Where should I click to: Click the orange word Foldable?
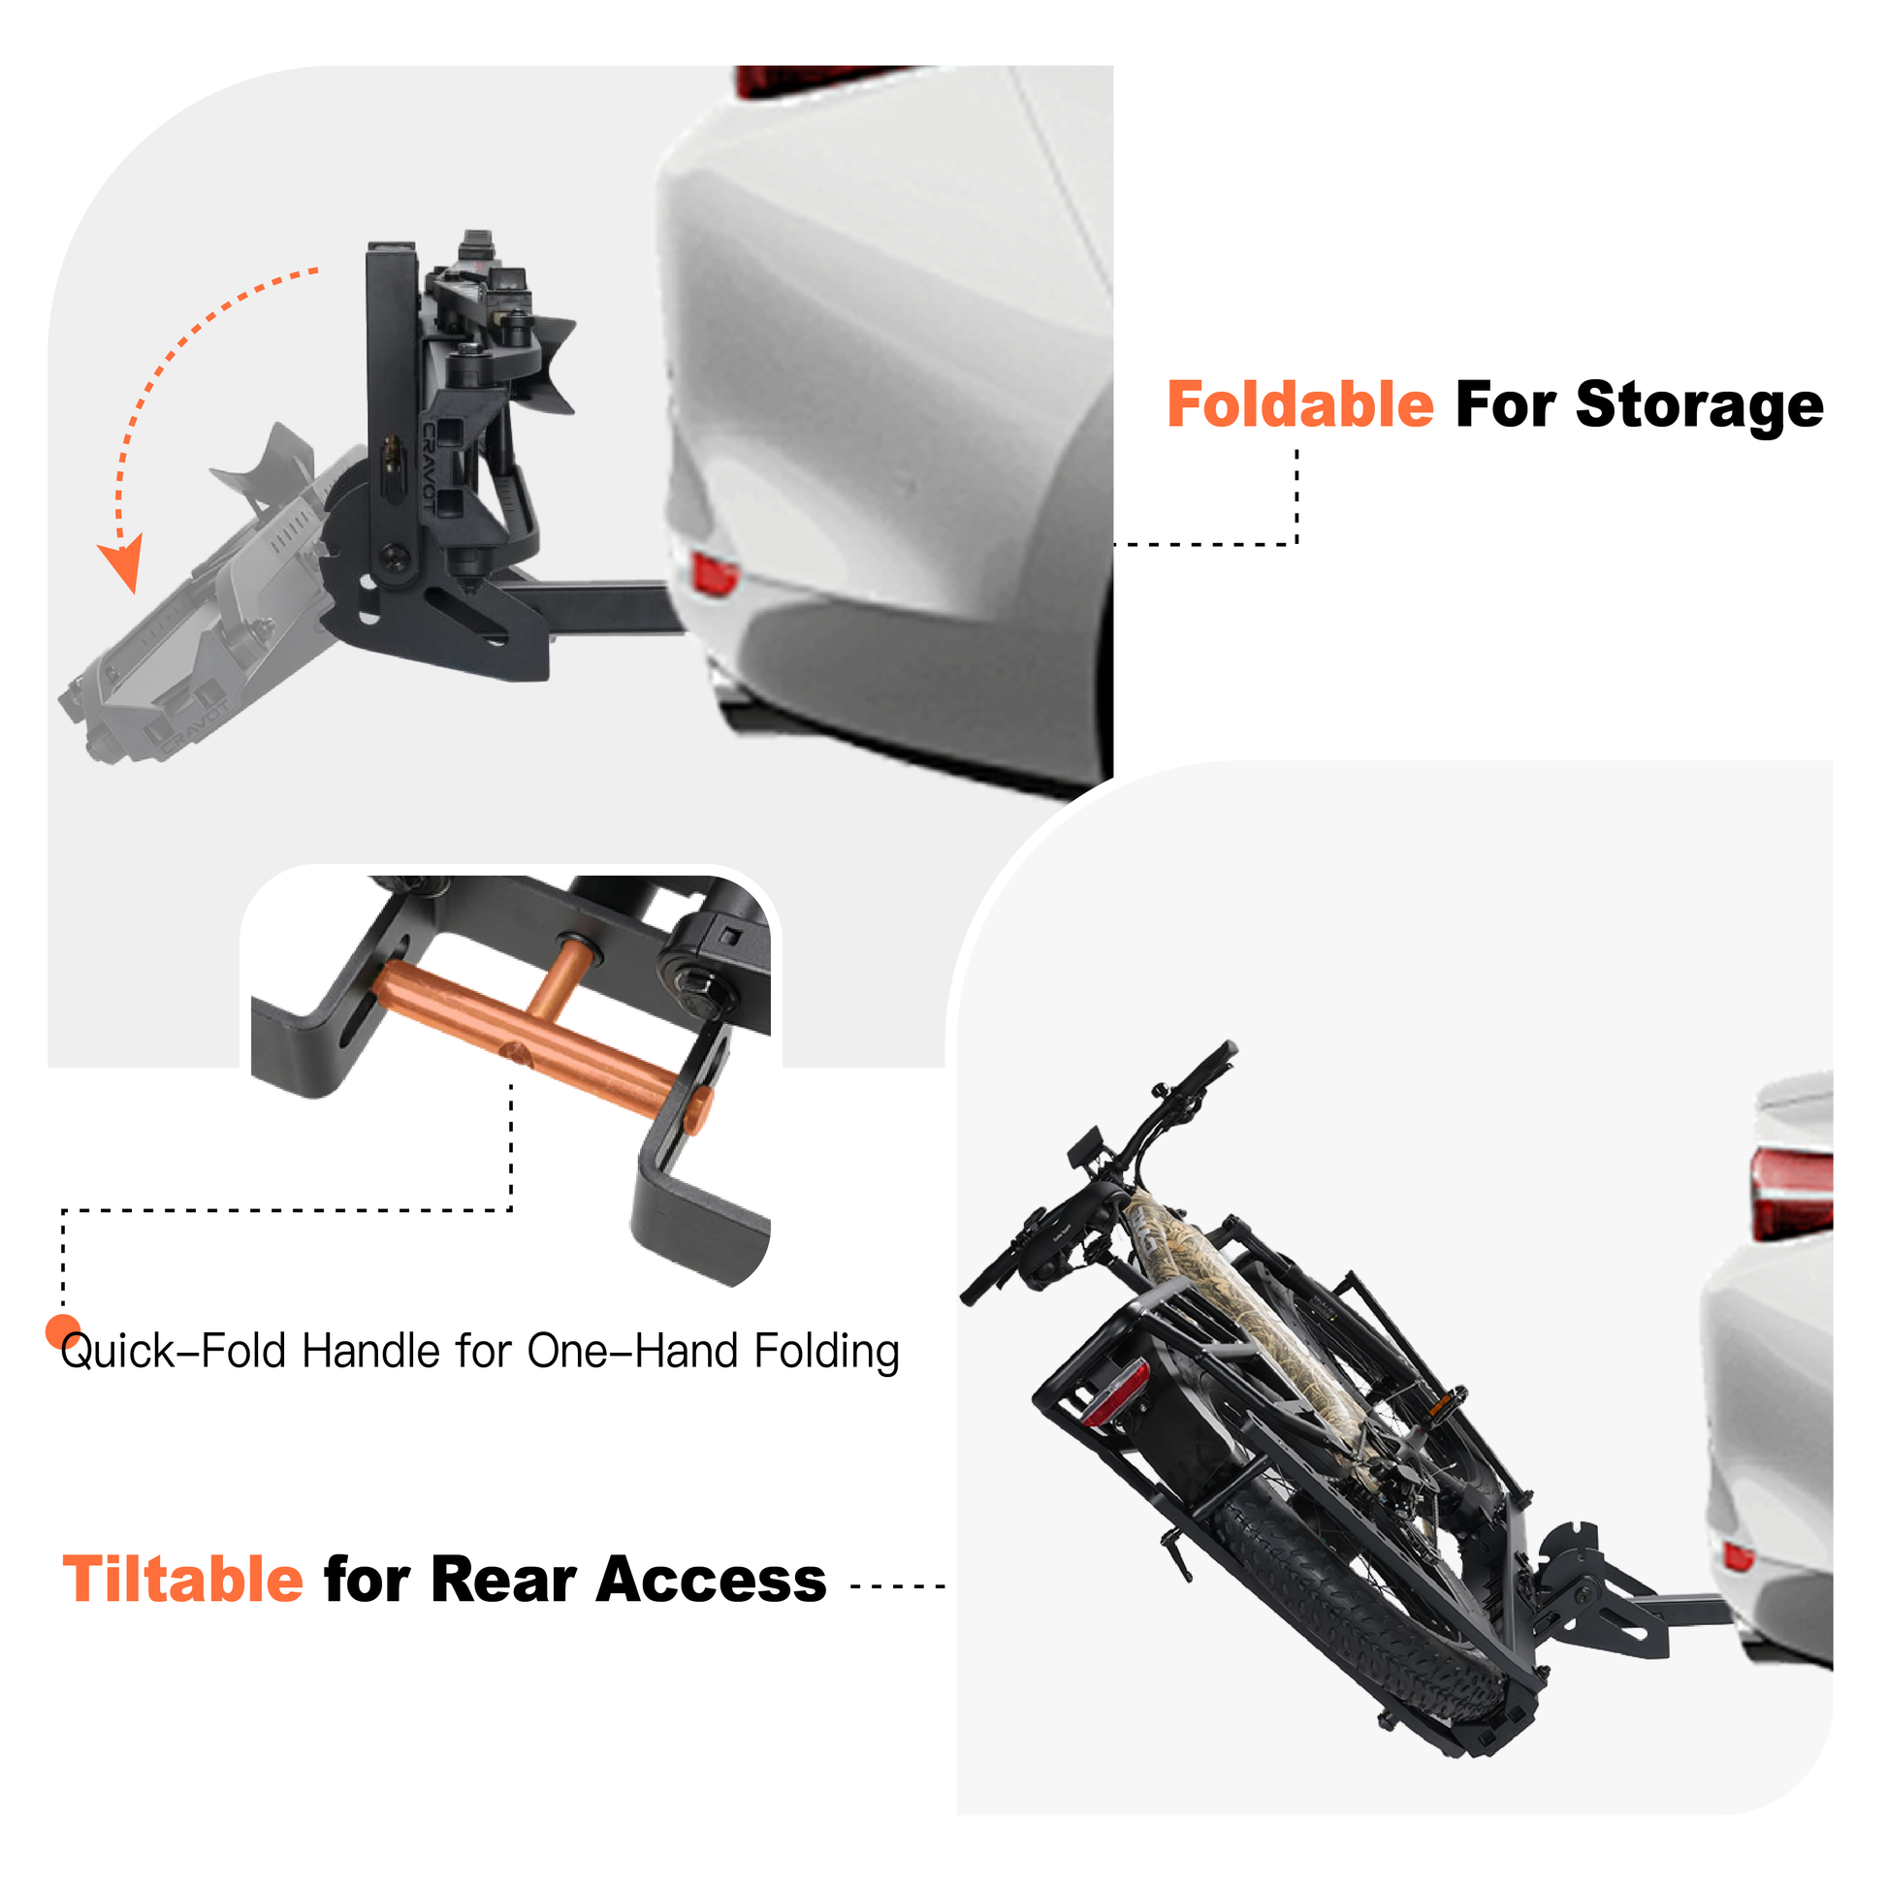[x=1300, y=405]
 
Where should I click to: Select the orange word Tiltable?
[x=183, y=1580]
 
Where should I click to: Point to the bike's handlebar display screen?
[x=1085, y=1146]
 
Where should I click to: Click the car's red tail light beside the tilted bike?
[x=1792, y=1195]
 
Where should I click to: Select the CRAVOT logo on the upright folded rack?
[x=430, y=466]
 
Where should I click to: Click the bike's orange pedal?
[x=1441, y=1408]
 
